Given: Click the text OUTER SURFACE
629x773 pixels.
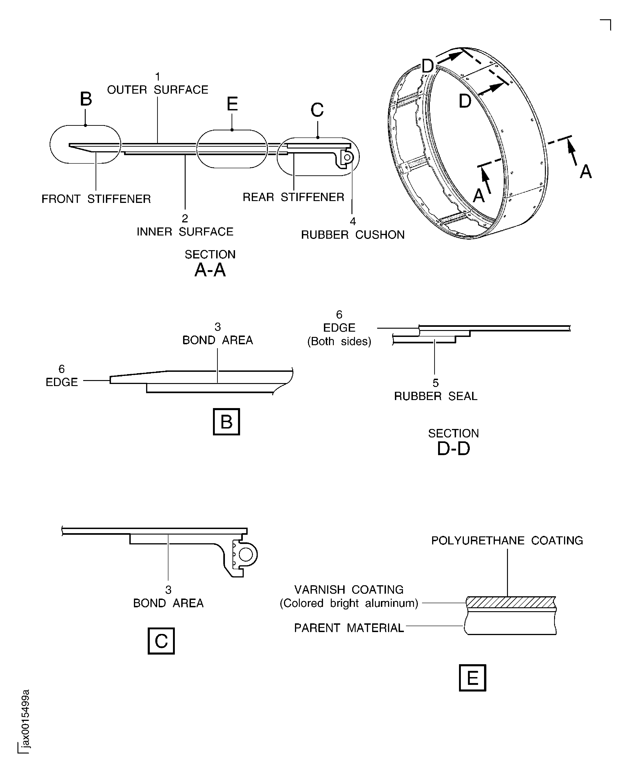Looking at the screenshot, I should (x=158, y=90).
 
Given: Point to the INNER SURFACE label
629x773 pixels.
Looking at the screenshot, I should (x=185, y=232).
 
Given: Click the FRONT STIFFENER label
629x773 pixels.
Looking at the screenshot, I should (x=96, y=199).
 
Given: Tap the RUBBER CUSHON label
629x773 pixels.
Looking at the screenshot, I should (x=353, y=235).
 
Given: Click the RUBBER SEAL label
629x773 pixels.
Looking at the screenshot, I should (x=436, y=396).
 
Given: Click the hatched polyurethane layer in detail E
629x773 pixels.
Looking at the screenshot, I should (x=511, y=602).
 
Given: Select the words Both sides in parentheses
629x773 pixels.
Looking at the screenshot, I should (x=339, y=342).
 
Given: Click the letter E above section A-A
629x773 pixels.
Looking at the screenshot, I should (x=232, y=104).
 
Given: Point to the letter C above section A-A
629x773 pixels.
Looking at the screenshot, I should (x=317, y=110).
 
